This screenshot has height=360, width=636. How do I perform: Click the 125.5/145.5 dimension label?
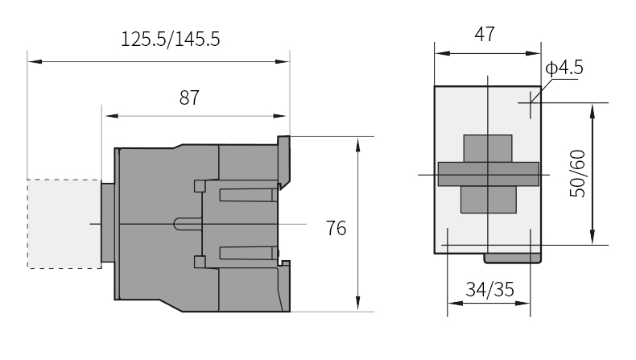(x=171, y=39)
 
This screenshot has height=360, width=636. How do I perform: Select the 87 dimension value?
(x=189, y=97)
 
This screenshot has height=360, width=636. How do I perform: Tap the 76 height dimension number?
(x=337, y=228)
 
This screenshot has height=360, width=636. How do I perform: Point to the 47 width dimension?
(x=485, y=34)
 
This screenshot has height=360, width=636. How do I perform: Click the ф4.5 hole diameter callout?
(x=564, y=68)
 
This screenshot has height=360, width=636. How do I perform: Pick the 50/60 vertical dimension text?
(x=578, y=174)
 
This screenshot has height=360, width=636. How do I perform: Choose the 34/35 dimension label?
(x=489, y=290)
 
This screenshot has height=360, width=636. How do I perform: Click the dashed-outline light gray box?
(x=64, y=224)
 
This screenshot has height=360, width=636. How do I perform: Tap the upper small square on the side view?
(x=200, y=186)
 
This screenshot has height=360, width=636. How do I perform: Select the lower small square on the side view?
(x=200, y=262)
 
